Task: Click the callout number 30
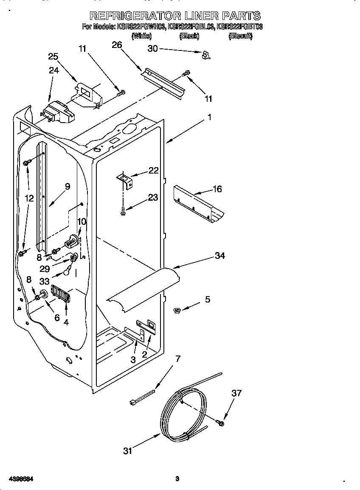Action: pos(152,49)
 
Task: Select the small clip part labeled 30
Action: pos(206,54)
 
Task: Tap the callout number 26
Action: pos(117,44)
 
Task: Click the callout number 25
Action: pos(53,56)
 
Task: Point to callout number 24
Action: pos(53,70)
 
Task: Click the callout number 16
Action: pos(217,189)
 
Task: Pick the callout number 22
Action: pos(153,171)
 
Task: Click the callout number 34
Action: pos(220,255)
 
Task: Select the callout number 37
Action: pos(236,393)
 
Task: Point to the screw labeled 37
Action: pos(221,423)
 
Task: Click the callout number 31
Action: pos(127,451)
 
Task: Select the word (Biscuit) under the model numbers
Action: pos(241,36)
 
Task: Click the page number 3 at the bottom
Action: pos(177,479)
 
